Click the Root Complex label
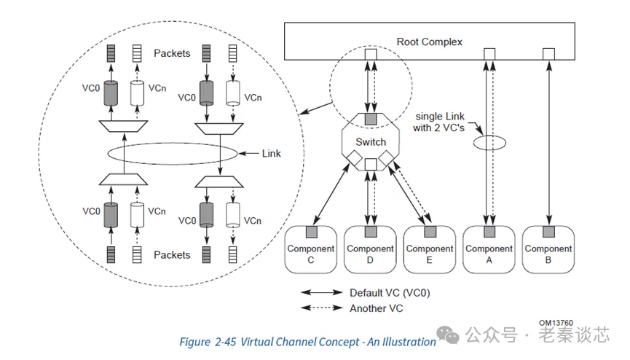click(429, 42)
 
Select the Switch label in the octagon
click(370, 141)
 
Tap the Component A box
click(489, 249)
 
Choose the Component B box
click(548, 249)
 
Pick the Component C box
click(311, 249)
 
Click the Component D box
click(370, 249)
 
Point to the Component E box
click(429, 249)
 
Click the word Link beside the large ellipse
click(272, 153)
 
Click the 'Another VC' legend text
click(376, 308)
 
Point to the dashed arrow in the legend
click(323, 308)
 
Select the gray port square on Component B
click(548, 232)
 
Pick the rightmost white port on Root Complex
click(548, 54)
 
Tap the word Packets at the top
click(172, 53)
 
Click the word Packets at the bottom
click(172, 255)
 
